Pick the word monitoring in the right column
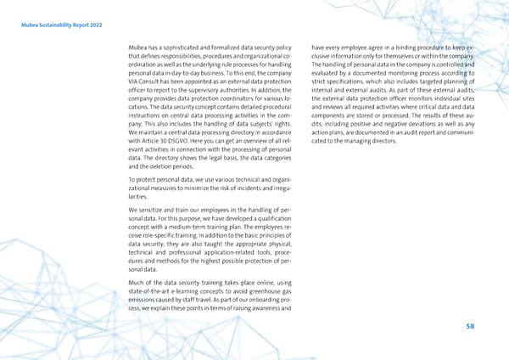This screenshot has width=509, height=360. (x=402, y=76)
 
